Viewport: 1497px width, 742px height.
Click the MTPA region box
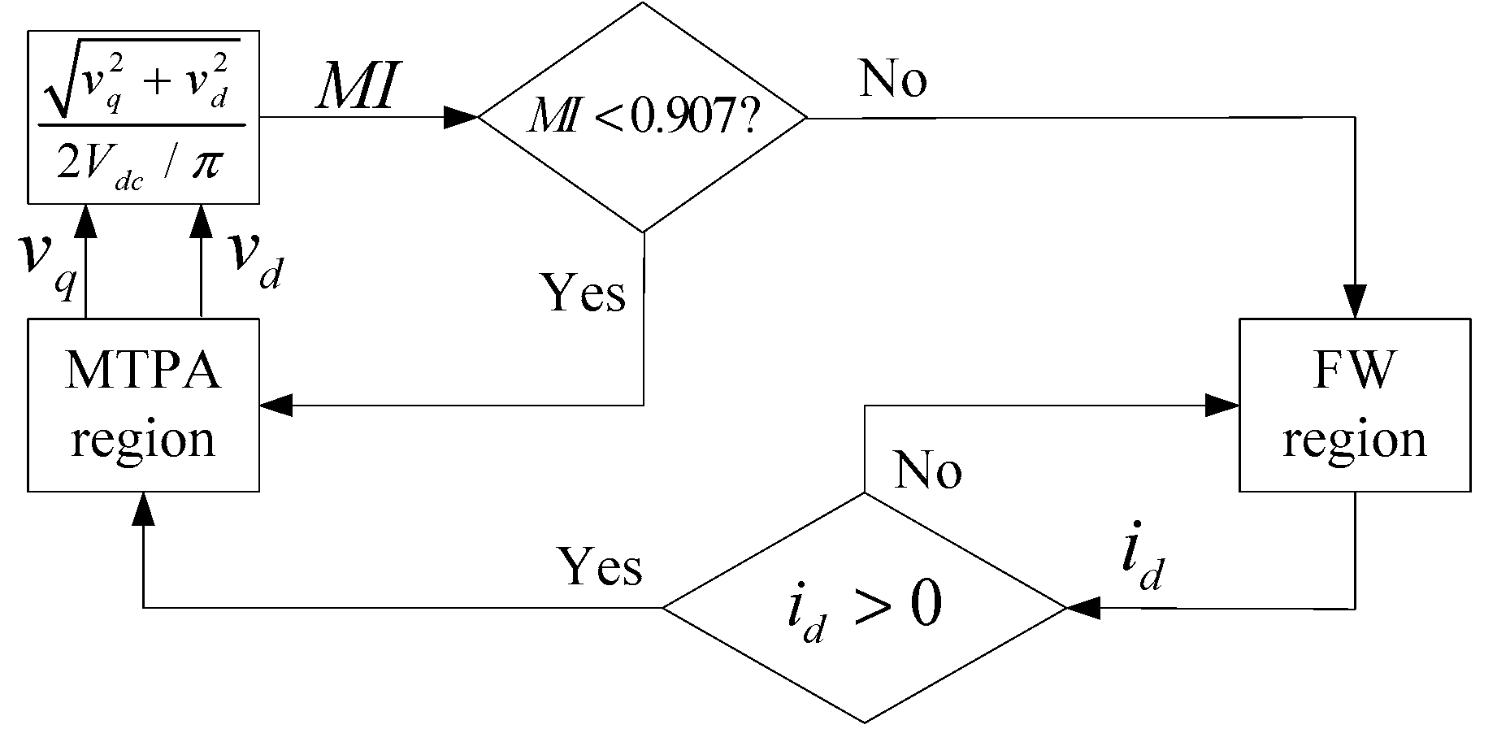click(x=144, y=405)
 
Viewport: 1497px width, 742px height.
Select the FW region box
click(x=1354, y=405)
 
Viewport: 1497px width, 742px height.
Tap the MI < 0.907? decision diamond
click(x=642, y=119)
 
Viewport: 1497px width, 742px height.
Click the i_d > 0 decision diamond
click(x=864, y=607)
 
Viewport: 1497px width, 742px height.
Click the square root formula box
click(x=144, y=118)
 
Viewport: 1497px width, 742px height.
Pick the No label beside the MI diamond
click(x=893, y=80)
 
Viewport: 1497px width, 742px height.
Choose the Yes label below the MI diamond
click(x=584, y=293)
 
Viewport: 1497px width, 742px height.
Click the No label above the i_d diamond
click(x=927, y=470)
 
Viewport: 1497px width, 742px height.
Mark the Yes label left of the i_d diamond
click(x=600, y=566)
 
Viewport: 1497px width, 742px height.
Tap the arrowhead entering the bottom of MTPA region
click(x=144, y=510)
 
